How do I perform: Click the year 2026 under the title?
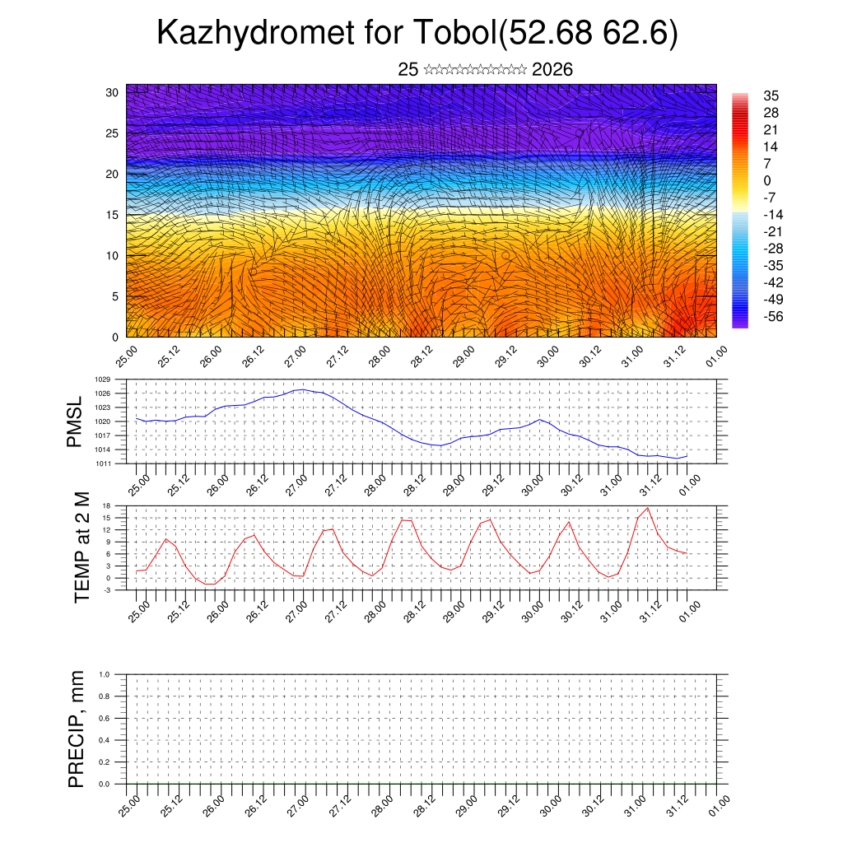552,70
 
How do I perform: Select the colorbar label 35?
771,95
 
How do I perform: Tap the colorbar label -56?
773,316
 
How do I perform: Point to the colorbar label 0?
767,180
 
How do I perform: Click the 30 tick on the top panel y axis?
113,92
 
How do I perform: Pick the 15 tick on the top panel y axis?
113,215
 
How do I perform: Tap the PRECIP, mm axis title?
77,729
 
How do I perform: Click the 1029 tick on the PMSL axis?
102,380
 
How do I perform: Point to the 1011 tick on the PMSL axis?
102,463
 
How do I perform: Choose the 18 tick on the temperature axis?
107,505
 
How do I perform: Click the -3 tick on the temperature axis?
107,589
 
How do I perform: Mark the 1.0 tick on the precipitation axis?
105,674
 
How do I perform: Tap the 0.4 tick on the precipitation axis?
105,740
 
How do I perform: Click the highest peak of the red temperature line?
648,508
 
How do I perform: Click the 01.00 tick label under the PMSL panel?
691,484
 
